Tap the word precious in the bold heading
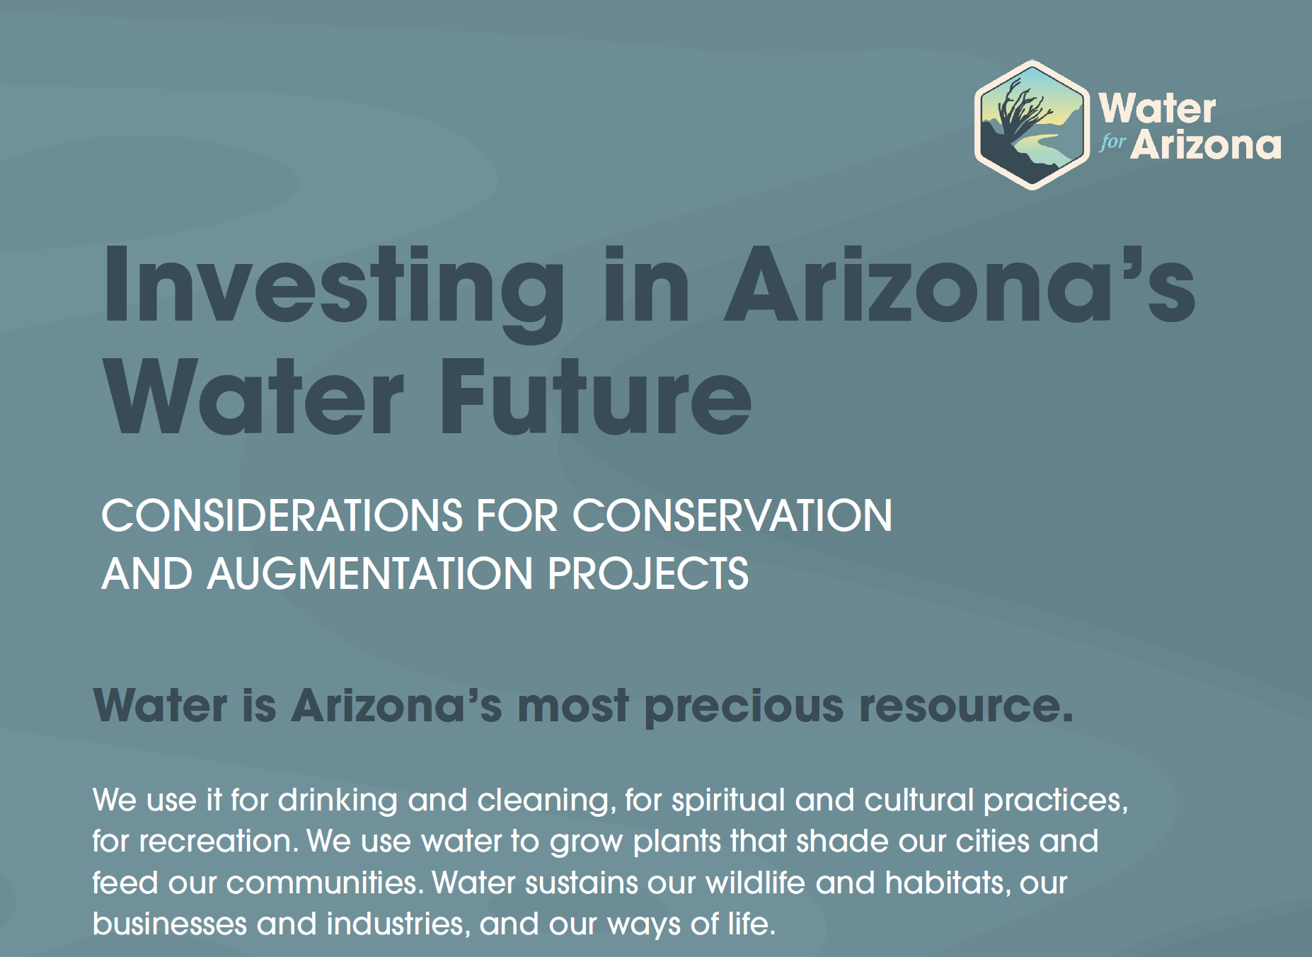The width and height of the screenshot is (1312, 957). tap(744, 706)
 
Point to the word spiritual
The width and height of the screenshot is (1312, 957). tap(728, 801)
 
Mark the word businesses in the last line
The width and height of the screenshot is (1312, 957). tap(169, 924)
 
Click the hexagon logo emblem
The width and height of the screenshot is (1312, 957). tap(1032, 125)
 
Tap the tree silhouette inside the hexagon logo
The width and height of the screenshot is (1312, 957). tap(1020, 113)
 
